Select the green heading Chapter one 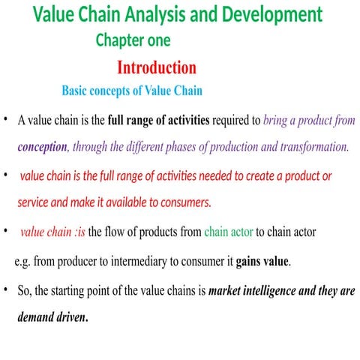point(133,40)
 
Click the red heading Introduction point(157,67)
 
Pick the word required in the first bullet point(236,120)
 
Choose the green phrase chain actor point(228,232)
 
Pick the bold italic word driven point(70,316)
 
